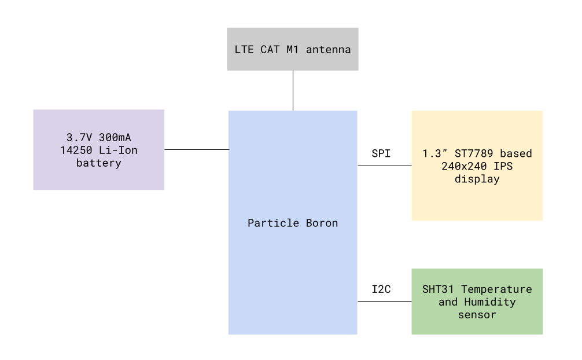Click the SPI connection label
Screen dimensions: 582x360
(x=381, y=153)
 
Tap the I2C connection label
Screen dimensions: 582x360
(x=381, y=289)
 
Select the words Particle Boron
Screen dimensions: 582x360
(x=293, y=223)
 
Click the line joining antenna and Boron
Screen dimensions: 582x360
(x=293, y=91)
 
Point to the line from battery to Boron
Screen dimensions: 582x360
(x=197, y=150)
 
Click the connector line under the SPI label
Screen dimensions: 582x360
(x=385, y=166)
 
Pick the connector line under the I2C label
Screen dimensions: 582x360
(x=385, y=302)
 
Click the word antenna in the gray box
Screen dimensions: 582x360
(x=329, y=50)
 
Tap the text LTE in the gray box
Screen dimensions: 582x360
(x=244, y=49)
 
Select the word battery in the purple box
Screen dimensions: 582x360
(x=99, y=163)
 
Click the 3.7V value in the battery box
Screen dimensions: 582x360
(x=79, y=138)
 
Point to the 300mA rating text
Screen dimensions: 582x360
(x=115, y=138)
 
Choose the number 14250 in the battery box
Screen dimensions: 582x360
(x=76, y=150)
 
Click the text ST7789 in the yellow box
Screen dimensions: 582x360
(x=474, y=153)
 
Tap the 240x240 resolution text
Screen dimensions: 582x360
(x=464, y=166)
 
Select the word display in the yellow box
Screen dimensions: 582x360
(x=477, y=179)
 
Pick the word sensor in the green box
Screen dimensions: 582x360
(x=477, y=315)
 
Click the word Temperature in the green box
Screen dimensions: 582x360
(x=496, y=289)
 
